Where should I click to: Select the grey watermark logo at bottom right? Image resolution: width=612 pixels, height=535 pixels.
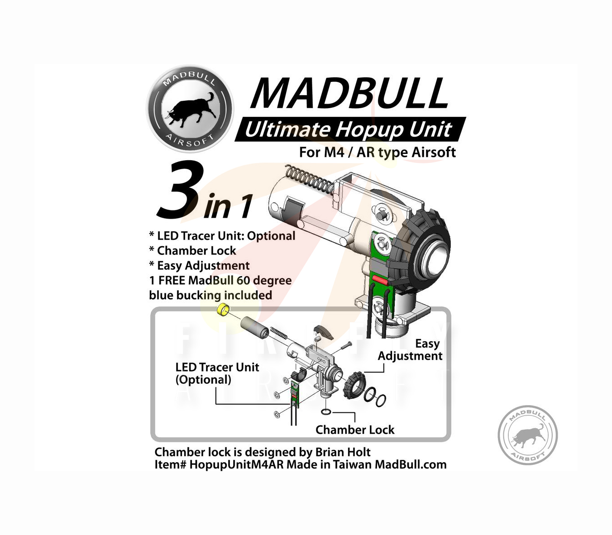click(x=527, y=435)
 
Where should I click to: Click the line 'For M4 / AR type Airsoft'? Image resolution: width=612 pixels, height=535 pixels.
click(x=377, y=153)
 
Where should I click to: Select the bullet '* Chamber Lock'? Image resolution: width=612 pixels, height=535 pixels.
click(x=192, y=251)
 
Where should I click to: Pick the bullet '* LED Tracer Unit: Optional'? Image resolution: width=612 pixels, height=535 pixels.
click(x=222, y=236)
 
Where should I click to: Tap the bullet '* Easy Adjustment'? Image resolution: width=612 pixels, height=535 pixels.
click(x=199, y=266)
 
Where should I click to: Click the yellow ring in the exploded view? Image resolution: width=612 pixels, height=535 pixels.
click(x=223, y=310)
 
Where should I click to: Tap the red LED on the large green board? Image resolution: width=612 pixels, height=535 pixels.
click(x=379, y=281)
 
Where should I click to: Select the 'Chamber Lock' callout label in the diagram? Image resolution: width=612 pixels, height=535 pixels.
click(x=354, y=430)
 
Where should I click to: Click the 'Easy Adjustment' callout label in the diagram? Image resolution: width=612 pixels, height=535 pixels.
click(x=410, y=350)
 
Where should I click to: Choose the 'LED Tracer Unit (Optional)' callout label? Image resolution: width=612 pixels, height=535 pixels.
click(x=217, y=373)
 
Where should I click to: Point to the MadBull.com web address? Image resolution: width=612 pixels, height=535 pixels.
click(x=410, y=465)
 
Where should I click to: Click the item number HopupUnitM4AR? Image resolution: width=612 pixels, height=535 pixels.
click(x=236, y=465)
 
